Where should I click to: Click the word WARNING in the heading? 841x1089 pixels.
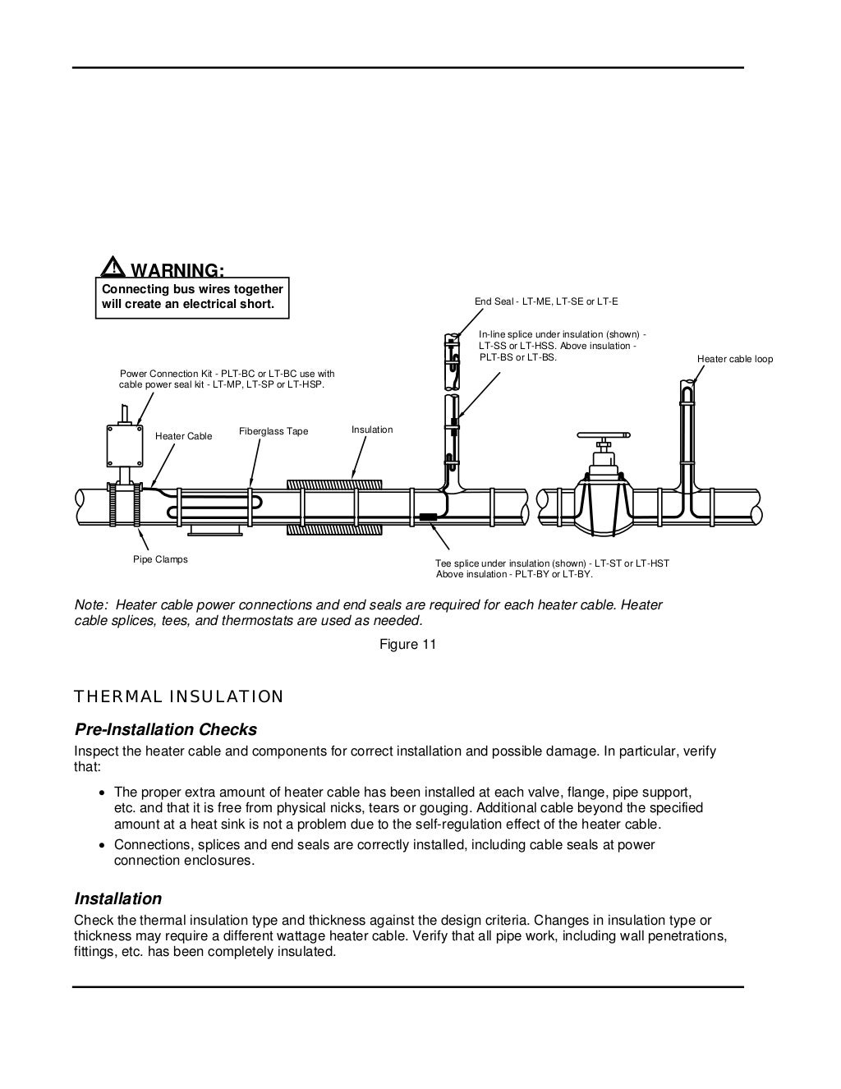pyautogui.click(x=177, y=270)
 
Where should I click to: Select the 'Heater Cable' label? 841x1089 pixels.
pyautogui.click(x=183, y=436)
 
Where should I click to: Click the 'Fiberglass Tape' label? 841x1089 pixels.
pyautogui.click(x=273, y=431)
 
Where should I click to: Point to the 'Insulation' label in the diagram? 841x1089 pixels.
pyautogui.click(x=372, y=430)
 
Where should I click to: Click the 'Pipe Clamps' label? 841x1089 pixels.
pyautogui.click(x=160, y=559)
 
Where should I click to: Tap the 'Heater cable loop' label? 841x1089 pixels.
pyautogui.click(x=734, y=359)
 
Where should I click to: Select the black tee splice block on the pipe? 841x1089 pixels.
pyautogui.click(x=428, y=517)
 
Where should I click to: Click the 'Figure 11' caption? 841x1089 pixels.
pyautogui.click(x=407, y=644)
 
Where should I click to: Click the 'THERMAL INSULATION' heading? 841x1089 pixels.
pyautogui.click(x=178, y=697)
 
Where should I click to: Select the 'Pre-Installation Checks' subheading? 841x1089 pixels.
pyautogui.click(x=165, y=729)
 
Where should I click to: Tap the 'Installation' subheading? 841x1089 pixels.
pyautogui.click(x=117, y=898)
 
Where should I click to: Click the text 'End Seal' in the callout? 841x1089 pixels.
pyautogui.click(x=493, y=301)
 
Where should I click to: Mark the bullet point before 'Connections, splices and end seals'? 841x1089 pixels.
pyautogui.click(x=101, y=845)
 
